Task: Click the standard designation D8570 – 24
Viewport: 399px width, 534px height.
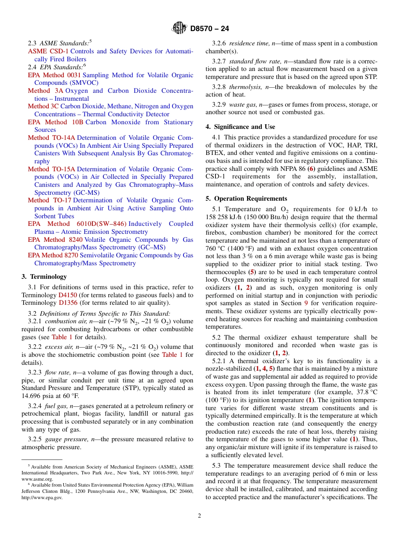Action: (x=210, y=29)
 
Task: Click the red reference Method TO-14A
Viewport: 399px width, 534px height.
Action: (x=52, y=138)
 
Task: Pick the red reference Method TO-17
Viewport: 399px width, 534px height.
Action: (x=50, y=200)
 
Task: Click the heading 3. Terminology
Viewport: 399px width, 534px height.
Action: (x=44, y=277)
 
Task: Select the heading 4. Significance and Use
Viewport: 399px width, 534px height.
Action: (x=240, y=127)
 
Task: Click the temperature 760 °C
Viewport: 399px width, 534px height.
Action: (x=216, y=241)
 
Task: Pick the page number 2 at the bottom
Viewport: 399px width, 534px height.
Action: (x=199, y=516)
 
